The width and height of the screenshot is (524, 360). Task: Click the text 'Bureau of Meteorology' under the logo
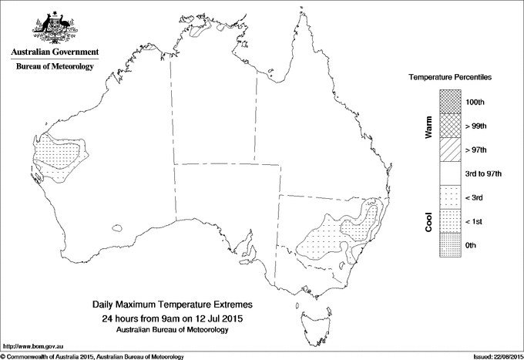[55, 66]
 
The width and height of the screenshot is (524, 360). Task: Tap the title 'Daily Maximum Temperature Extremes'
[173, 305]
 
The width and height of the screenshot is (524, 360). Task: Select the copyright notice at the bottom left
[92, 356]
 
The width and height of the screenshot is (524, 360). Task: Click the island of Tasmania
[311, 318]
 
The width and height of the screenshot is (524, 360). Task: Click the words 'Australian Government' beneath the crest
[55, 52]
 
